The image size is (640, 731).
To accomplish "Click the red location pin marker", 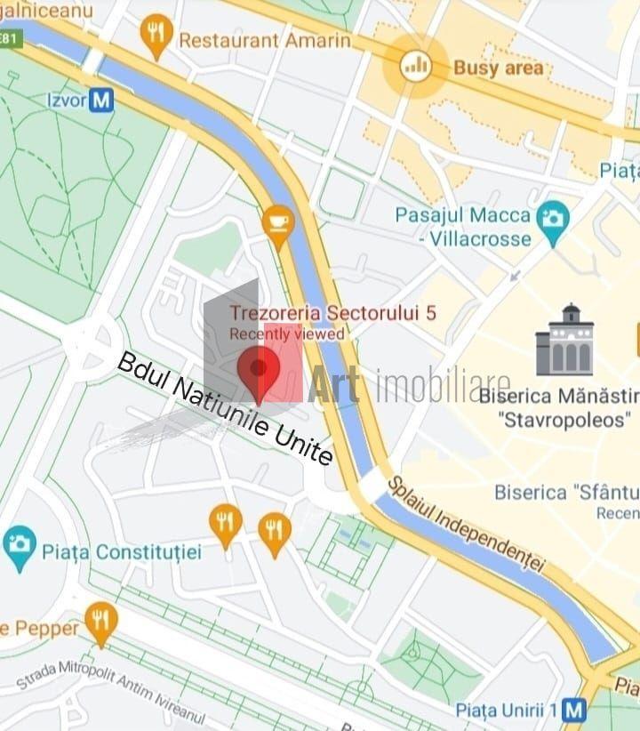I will (259, 372).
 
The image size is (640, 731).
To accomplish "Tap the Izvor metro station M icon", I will (102, 100).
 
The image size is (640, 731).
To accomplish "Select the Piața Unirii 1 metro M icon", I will (575, 710).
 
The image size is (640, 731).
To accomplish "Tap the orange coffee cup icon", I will (278, 223).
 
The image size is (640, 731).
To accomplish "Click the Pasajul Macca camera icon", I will (554, 216).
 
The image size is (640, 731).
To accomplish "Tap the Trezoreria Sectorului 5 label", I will (332, 313).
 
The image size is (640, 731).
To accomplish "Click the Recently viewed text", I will (286, 334).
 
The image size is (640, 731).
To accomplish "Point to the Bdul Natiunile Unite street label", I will (226, 409).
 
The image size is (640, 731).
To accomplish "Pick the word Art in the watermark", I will (334, 385).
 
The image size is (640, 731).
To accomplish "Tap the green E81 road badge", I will (9, 39).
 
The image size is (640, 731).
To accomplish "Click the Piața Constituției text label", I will (122, 551).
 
